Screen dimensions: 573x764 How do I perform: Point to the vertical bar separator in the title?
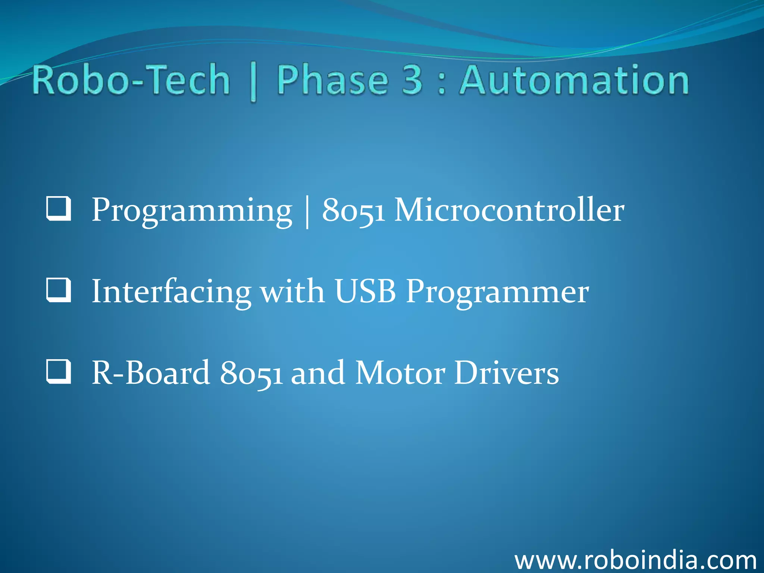[x=253, y=82]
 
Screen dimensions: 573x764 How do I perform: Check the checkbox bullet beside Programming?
[x=59, y=209]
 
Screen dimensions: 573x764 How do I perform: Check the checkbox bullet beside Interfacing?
[x=59, y=290]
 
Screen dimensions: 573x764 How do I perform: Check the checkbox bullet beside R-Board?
[x=59, y=372]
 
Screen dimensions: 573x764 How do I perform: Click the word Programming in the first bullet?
[x=192, y=211]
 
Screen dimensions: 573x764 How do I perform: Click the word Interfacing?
[x=171, y=292]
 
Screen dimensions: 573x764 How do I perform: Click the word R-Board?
[x=151, y=373]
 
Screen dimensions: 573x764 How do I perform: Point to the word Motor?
[x=400, y=373]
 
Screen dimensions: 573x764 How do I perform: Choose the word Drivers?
[x=507, y=373]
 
